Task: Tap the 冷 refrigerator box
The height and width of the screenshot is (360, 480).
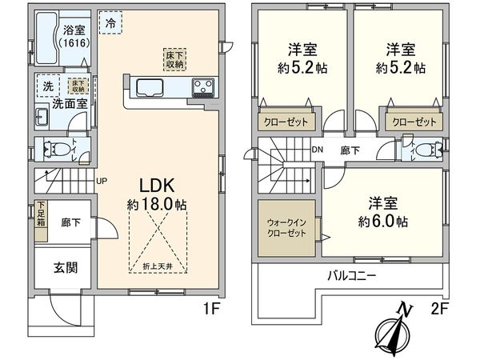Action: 109,23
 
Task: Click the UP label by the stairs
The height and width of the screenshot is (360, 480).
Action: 102,180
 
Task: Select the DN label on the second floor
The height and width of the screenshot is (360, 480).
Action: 317,150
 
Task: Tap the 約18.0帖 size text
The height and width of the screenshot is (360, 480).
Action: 157,206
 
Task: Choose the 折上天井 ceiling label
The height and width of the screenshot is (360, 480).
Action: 156,266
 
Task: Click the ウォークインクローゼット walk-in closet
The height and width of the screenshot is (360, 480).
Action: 286,229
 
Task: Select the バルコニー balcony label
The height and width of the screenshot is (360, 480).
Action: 351,275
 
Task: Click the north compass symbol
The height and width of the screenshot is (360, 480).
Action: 398,328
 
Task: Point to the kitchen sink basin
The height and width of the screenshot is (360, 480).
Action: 150,86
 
